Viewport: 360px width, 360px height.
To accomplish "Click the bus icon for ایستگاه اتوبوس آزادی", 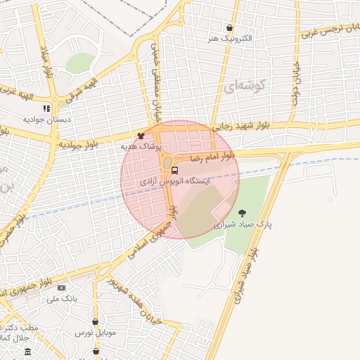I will [174, 169].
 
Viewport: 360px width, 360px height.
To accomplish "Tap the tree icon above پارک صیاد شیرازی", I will [243, 213].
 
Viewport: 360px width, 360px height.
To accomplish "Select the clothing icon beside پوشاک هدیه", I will [141, 136].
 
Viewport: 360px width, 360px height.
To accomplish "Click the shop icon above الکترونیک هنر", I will [230, 28].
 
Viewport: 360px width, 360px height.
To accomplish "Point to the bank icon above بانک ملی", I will [61, 288].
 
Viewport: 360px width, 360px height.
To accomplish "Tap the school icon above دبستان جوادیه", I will [46, 109].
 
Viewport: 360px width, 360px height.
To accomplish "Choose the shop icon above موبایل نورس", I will [95, 322].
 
